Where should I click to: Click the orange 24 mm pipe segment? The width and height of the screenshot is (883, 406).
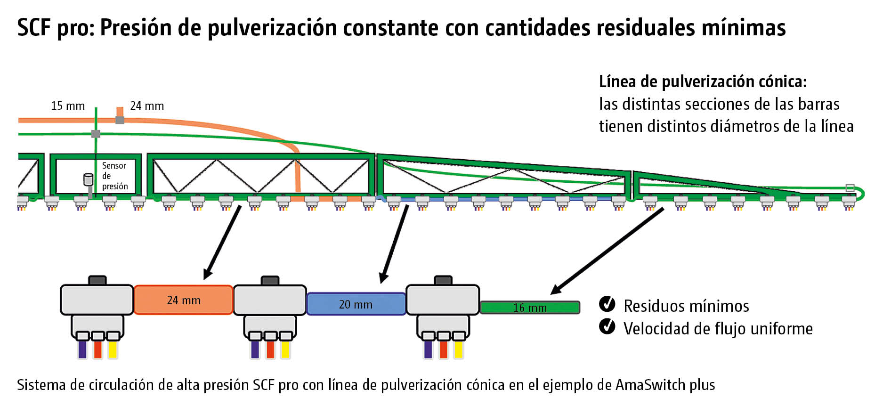(x=183, y=300)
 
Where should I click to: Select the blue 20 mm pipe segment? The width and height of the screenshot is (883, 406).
(x=356, y=304)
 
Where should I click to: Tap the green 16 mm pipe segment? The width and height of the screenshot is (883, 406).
(x=530, y=308)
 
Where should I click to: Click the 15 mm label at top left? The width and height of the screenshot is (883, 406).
(x=68, y=106)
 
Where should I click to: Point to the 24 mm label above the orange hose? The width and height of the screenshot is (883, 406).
(x=147, y=106)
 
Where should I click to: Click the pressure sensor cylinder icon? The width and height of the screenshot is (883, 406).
(x=88, y=180)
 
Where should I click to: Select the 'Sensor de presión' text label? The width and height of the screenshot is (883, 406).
(x=114, y=176)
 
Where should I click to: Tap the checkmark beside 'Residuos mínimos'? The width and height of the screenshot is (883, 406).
(x=607, y=304)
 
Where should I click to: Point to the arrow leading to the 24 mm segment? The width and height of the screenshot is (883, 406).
(x=222, y=242)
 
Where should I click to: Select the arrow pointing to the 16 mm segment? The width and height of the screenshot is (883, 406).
(x=608, y=251)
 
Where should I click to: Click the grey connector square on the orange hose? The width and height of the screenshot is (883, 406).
(x=120, y=120)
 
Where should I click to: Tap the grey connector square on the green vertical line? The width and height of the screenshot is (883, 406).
(x=96, y=134)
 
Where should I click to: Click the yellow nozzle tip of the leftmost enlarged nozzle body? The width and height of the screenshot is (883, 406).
(x=113, y=349)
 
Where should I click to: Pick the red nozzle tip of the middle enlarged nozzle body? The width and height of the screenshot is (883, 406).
(x=270, y=349)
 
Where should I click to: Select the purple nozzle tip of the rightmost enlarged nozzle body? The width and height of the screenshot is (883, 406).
(x=428, y=349)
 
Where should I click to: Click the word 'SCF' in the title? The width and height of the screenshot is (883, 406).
(x=33, y=28)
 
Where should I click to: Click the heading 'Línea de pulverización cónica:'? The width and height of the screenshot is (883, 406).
(x=703, y=82)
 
